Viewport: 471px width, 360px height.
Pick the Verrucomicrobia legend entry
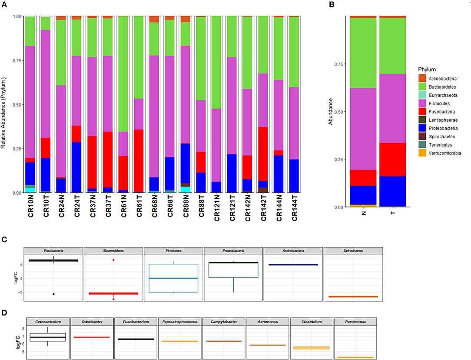coord(445,153)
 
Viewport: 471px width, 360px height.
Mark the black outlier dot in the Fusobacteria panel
coord(53,294)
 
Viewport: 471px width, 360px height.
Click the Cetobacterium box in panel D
coord(47,337)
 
